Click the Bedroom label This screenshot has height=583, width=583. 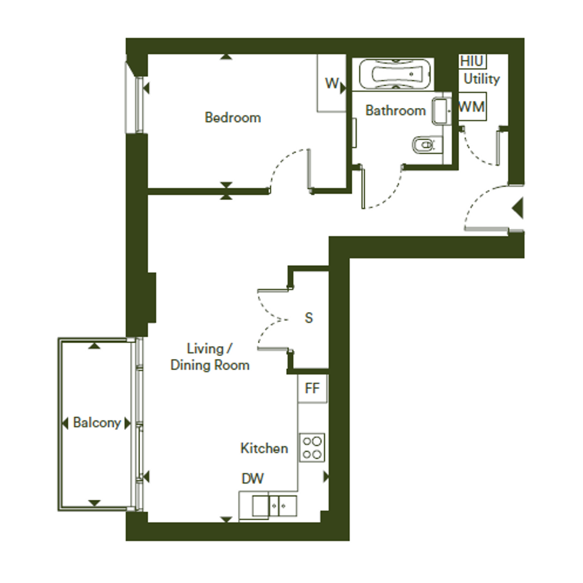[233, 117]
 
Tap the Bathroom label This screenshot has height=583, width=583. [395, 110]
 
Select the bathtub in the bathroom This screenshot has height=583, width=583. [395, 74]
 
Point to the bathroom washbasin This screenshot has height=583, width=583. [441, 111]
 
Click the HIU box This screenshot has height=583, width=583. [472, 61]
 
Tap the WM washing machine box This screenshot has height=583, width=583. [472, 107]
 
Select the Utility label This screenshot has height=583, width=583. [481, 79]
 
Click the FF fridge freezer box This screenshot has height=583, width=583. [312, 389]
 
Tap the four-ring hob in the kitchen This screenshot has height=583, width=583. [312, 448]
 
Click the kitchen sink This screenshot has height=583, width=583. [275, 506]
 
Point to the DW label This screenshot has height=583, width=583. [253, 479]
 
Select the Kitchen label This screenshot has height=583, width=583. [264, 449]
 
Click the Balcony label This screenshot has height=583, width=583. [97, 423]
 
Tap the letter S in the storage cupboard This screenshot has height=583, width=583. [308, 318]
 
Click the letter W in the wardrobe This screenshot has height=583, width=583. [332, 84]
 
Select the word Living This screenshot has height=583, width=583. [205, 349]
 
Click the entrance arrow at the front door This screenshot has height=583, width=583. [518, 209]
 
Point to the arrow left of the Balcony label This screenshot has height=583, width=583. [65, 423]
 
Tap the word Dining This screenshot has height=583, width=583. [190, 365]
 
